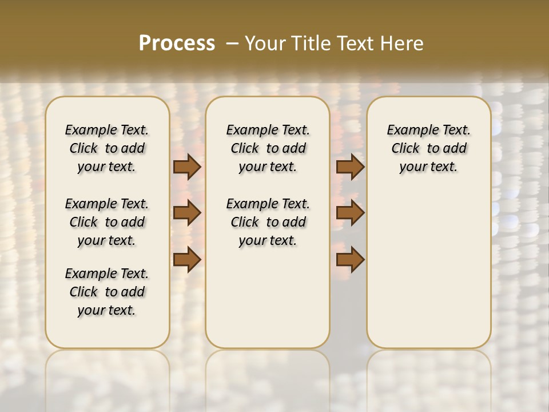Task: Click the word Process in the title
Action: [177, 43]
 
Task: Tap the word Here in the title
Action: [401, 43]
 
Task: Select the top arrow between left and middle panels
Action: [187, 167]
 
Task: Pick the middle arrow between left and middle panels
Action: [187, 213]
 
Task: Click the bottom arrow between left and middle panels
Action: [187, 260]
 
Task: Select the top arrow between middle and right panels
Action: [350, 167]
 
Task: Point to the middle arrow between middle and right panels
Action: [350, 213]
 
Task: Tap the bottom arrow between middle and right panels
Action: [350, 260]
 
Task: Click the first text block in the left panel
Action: [107, 148]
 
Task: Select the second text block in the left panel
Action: [107, 222]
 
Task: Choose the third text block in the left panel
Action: [107, 292]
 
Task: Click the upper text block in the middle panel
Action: [268, 148]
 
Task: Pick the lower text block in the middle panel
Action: [268, 222]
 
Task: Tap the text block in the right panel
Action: [428, 148]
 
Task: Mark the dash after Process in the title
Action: [232, 43]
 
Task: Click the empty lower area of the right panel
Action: [428, 269]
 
